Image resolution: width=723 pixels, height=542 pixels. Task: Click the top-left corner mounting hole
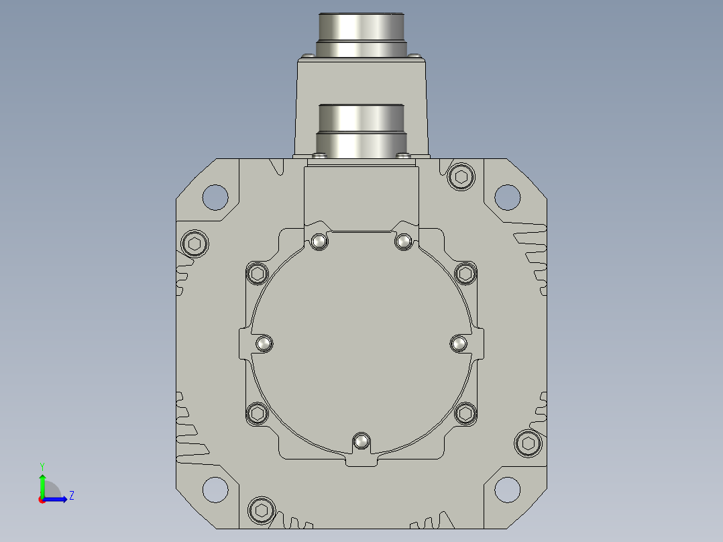[x=215, y=197]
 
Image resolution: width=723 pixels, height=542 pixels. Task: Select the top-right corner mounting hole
[x=508, y=197]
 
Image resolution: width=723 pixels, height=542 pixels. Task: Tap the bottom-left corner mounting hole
[x=215, y=490]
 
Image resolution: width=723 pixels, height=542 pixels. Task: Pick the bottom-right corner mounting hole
[x=508, y=490]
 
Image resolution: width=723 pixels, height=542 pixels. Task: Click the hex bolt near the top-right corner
[x=461, y=176]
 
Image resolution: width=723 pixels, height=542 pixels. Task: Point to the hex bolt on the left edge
[x=194, y=243]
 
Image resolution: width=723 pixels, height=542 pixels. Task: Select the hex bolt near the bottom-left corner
[x=262, y=510]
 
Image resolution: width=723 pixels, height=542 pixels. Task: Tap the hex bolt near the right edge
[x=529, y=443]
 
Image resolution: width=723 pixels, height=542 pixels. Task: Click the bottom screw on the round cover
[x=361, y=442]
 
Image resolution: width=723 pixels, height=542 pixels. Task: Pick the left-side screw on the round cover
[x=264, y=343]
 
